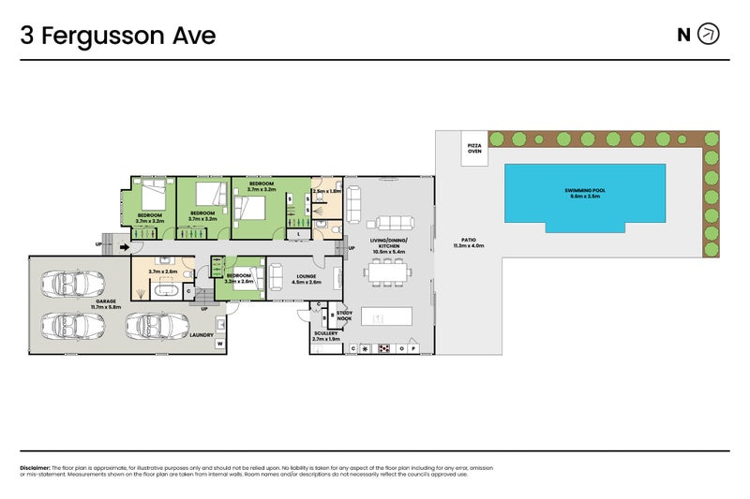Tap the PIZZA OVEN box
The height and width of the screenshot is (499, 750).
[474, 148]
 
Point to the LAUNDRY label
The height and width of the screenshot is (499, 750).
[202, 335]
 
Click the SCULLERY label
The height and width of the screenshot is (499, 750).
[325, 332]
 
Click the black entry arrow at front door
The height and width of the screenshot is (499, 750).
[126, 247]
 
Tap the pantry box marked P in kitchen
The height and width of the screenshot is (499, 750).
[412, 348]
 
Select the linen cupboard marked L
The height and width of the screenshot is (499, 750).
[298, 233]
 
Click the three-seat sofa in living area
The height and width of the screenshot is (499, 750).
[389, 223]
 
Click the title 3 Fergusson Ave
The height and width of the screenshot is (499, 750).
[118, 36]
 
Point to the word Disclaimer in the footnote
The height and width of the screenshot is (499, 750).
[35, 467]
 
